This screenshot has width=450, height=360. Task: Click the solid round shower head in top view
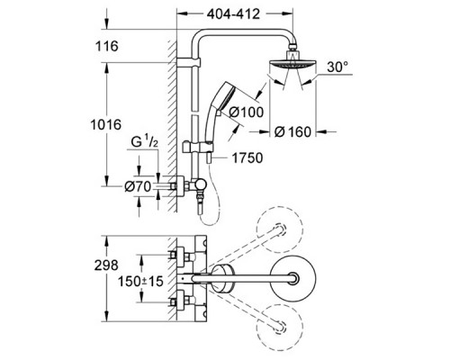click(294, 280)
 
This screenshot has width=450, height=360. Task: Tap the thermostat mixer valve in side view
click(192, 185)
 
